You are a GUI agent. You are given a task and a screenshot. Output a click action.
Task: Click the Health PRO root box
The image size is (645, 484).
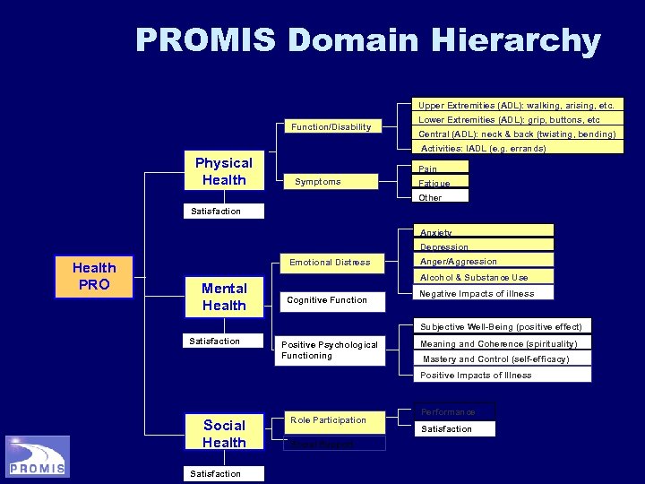click(94, 276)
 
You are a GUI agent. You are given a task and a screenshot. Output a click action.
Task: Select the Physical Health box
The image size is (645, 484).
click(223, 171)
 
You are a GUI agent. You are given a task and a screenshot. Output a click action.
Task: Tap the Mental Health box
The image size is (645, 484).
click(223, 297)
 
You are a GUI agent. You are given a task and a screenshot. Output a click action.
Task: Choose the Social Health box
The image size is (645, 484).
click(223, 434)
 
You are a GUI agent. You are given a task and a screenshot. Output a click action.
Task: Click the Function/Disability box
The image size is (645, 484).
click(331, 127)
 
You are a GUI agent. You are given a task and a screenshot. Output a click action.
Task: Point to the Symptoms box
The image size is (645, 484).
click(331, 182)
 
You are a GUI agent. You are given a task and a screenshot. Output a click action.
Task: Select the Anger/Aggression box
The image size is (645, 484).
click(484, 262)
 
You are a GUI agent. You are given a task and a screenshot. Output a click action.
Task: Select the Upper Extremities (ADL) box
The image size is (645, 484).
click(518, 106)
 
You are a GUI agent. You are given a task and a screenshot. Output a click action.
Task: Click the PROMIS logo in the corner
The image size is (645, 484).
click(37, 456)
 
